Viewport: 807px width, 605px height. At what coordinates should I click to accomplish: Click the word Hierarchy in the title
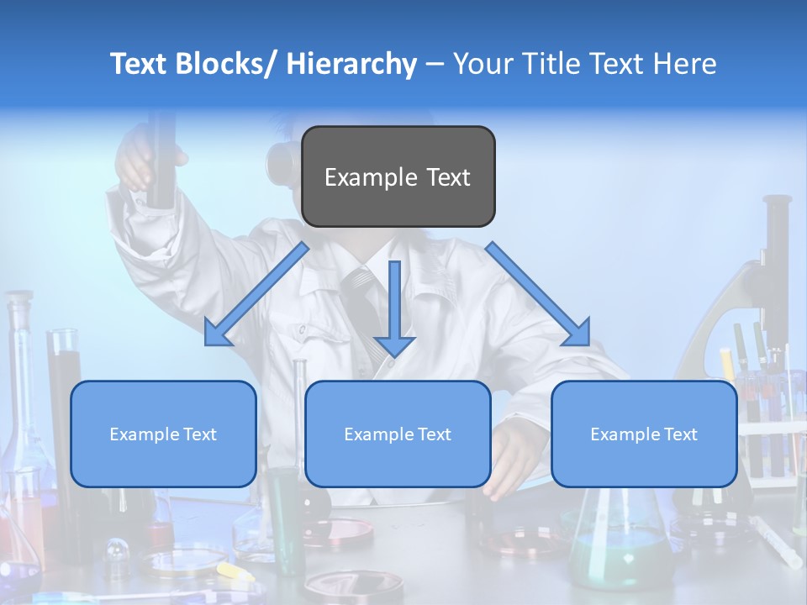(x=351, y=64)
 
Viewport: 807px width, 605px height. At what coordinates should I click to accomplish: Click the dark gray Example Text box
(x=398, y=176)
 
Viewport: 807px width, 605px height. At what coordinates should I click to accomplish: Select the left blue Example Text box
(x=163, y=434)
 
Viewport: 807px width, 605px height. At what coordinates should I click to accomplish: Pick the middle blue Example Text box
(x=398, y=434)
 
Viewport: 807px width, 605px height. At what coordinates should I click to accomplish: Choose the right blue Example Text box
(x=644, y=434)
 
